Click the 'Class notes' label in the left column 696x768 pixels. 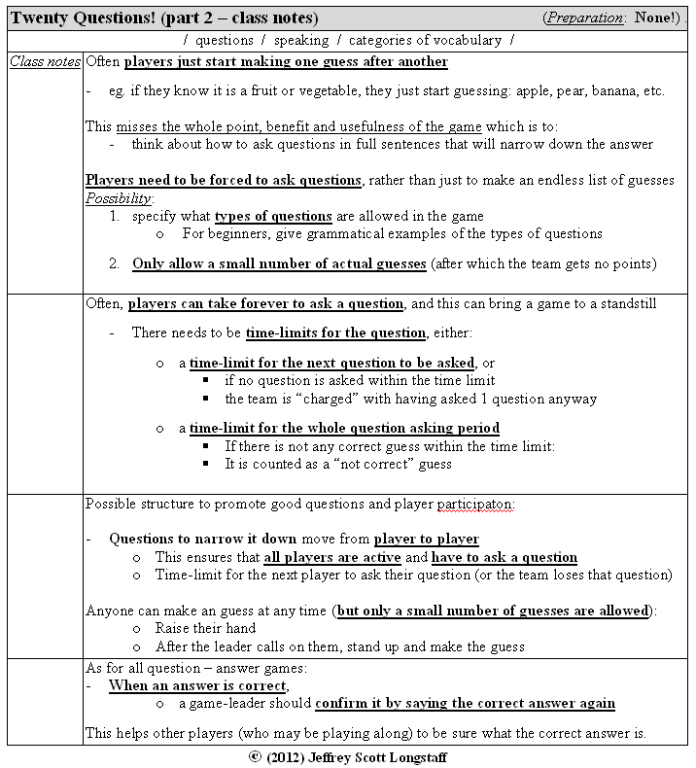click(x=45, y=62)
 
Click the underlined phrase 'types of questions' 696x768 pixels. click(x=273, y=216)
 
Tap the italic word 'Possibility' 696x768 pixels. click(x=119, y=198)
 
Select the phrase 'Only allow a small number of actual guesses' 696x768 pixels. click(x=280, y=264)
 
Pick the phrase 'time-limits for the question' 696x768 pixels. click(x=335, y=333)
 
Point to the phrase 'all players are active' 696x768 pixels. click(x=332, y=558)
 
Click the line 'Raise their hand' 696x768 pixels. click(x=205, y=628)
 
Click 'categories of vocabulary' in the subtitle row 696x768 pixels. click(x=425, y=41)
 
